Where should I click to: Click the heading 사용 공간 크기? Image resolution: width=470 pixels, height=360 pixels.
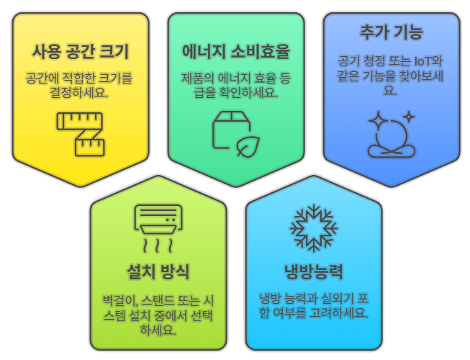click(x=81, y=52)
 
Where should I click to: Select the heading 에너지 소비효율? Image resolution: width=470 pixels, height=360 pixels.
click(x=236, y=52)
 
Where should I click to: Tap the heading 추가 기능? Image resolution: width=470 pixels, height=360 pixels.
click(x=391, y=32)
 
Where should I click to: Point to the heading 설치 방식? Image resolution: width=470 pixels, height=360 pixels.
click(x=158, y=272)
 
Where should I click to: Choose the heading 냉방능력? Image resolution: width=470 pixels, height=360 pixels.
click(x=314, y=272)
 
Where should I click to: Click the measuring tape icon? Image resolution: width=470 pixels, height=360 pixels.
click(x=81, y=133)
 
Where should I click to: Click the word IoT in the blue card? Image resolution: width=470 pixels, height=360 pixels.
click(x=433, y=61)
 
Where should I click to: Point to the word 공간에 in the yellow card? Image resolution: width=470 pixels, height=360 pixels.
click(x=43, y=76)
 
